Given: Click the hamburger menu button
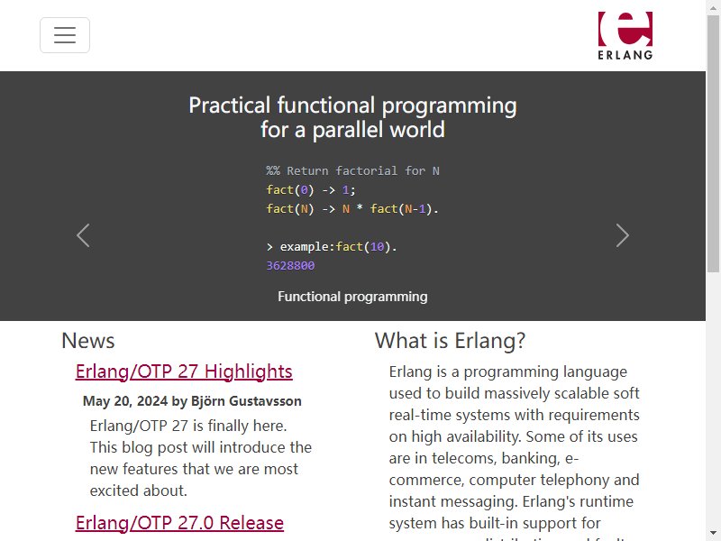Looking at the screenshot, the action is click(x=65, y=35).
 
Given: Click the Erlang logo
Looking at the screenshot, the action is click(x=625, y=35).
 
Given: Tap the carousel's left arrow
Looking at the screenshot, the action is click(x=83, y=235).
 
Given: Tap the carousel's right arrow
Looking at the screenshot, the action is click(x=622, y=235).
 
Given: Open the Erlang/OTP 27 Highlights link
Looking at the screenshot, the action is click(x=184, y=371).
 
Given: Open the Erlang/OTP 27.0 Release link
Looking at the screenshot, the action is click(x=179, y=523).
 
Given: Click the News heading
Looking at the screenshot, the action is click(x=87, y=341).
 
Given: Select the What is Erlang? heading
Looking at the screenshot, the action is click(x=450, y=341).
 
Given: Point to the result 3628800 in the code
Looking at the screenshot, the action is click(x=290, y=265).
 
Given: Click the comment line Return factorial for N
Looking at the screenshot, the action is click(x=352, y=170).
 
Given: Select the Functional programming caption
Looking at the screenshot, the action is click(x=352, y=297).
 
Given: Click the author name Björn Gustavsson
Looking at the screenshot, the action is click(x=246, y=401).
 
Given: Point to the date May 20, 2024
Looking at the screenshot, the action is click(x=125, y=401).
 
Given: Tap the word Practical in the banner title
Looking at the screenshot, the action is click(x=230, y=105).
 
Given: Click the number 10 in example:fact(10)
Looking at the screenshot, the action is click(x=377, y=246).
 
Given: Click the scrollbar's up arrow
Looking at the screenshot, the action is click(x=713, y=6).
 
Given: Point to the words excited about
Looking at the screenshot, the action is click(x=139, y=491).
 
